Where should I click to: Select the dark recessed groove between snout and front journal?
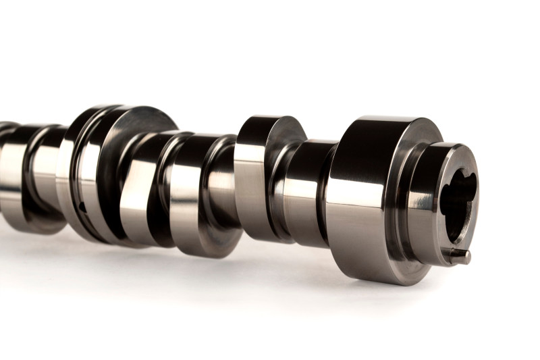(404, 203)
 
